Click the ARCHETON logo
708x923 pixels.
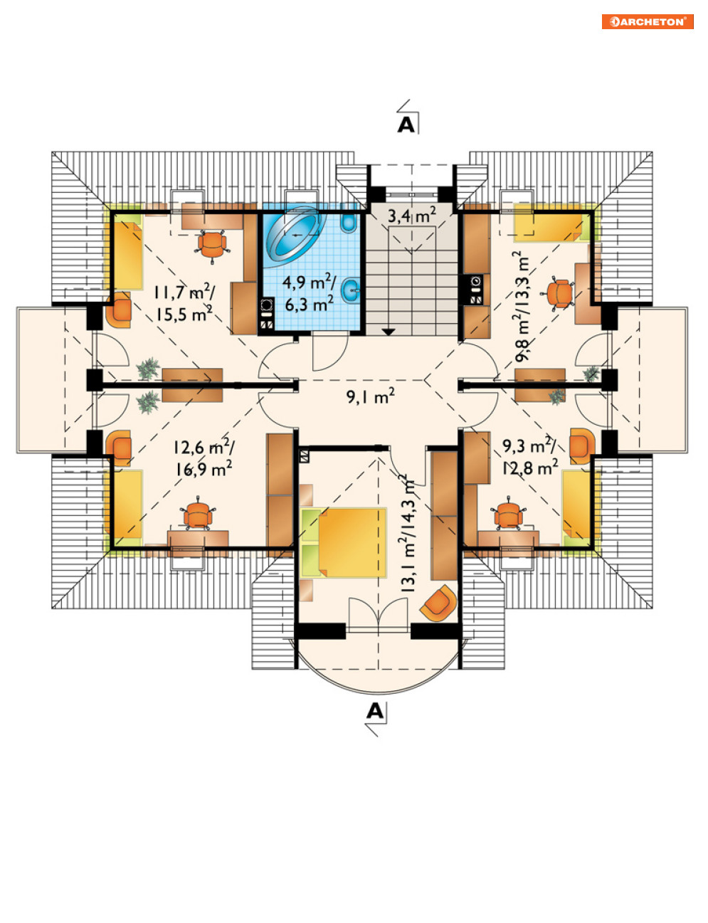click(648, 21)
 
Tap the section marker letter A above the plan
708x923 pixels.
click(406, 125)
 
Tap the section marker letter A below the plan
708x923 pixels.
click(374, 710)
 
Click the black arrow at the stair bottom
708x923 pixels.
click(389, 332)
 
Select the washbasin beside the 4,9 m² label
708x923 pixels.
click(350, 290)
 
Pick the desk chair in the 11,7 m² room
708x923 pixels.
click(212, 246)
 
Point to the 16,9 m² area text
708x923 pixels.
click(204, 470)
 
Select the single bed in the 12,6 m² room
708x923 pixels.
click(127, 505)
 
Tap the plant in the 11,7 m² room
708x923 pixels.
click(148, 368)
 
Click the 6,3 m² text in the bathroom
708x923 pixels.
click(309, 304)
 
